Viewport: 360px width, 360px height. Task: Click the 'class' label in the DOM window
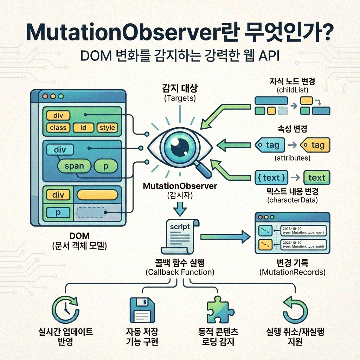[x=58, y=128]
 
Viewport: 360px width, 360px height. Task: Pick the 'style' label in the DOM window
[x=107, y=128]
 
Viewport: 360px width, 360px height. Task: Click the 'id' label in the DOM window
[x=83, y=128]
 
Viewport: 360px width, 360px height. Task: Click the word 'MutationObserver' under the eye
[x=180, y=186]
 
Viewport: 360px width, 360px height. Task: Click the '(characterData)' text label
[x=292, y=200]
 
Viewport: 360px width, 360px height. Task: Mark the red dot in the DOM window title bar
[x=45, y=96]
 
